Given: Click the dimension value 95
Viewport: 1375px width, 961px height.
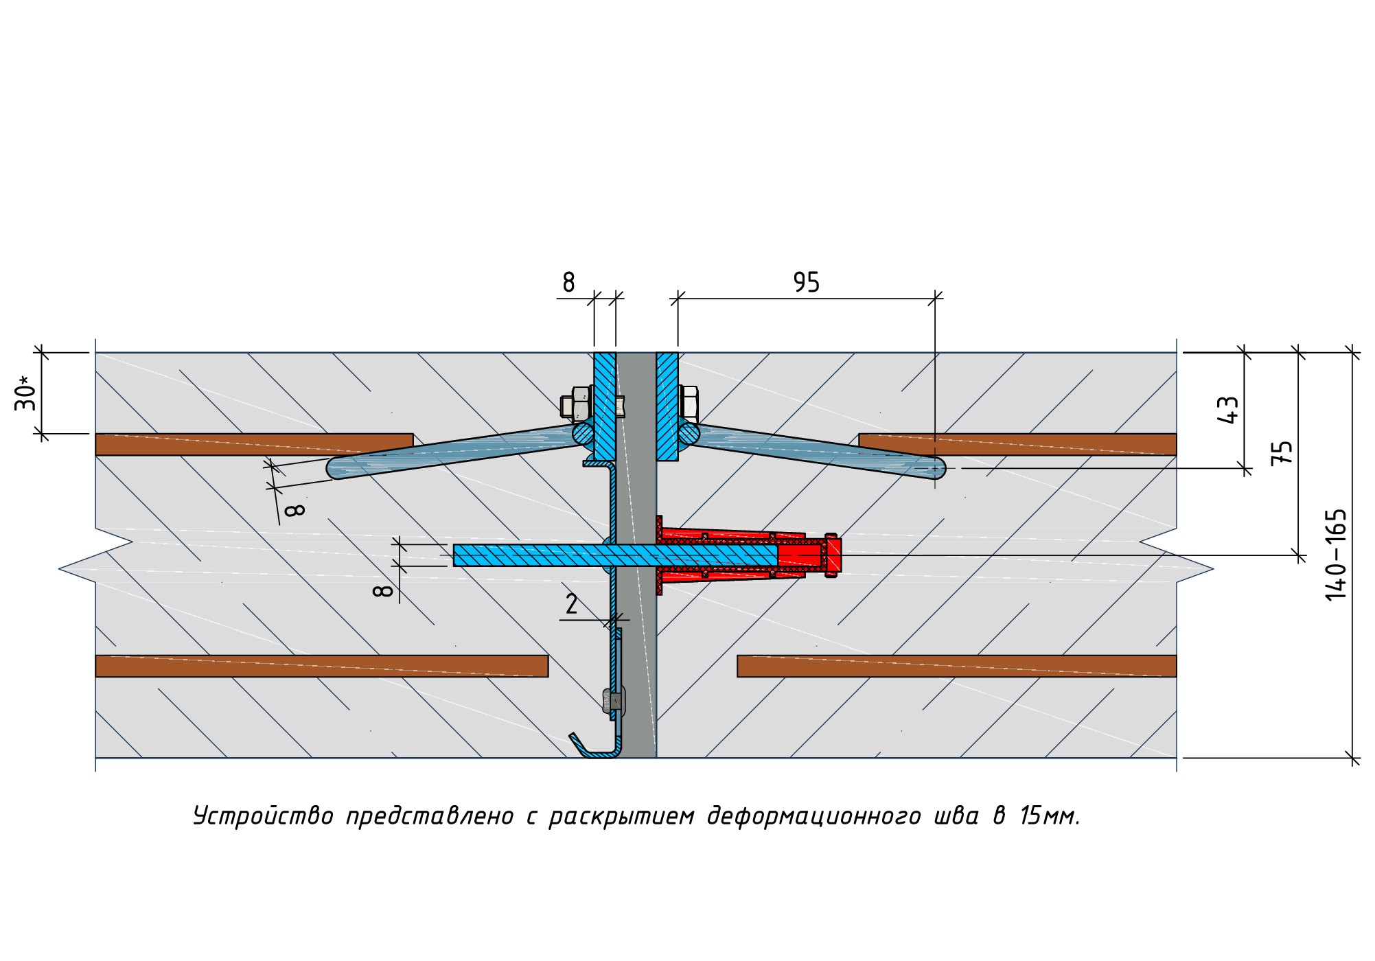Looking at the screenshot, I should click(x=806, y=282).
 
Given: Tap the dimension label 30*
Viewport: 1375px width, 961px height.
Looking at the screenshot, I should click(x=25, y=393).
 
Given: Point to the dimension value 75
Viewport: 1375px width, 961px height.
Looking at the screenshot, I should click(x=1282, y=453).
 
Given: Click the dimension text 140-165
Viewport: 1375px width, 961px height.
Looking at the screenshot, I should click(x=1336, y=555).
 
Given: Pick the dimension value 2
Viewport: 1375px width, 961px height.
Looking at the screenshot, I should click(x=571, y=604).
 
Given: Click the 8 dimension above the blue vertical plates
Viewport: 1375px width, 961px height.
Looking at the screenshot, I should click(x=568, y=282).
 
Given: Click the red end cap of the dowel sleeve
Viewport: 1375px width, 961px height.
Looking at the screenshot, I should click(x=833, y=555).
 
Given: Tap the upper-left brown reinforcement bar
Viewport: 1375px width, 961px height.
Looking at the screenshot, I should click(x=254, y=444).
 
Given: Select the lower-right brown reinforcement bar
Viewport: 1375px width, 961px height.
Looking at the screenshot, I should click(x=956, y=666).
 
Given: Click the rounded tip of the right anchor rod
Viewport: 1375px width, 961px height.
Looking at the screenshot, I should click(x=937, y=468).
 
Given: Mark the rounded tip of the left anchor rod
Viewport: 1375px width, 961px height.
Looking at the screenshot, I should click(x=336, y=468).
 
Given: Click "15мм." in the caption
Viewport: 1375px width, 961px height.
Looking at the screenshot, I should click(x=1050, y=817).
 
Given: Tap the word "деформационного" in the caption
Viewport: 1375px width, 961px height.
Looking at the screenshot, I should click(x=813, y=817).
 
